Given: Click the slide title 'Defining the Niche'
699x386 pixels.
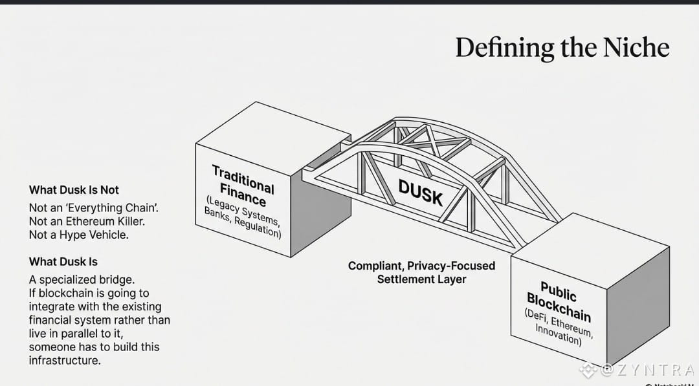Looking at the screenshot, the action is (562, 48).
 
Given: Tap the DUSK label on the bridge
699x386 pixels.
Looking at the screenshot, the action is (420, 193).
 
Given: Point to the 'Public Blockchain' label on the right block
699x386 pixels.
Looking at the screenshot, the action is (558, 301).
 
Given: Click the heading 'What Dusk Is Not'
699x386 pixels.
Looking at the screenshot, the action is (74, 190).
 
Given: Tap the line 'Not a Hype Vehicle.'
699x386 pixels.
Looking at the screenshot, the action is (78, 235).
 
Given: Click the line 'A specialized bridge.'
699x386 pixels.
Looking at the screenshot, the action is (82, 279).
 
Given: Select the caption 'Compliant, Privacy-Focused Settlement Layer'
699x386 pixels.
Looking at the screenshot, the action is (421, 272).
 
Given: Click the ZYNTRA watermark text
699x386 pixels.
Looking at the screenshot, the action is (647, 370).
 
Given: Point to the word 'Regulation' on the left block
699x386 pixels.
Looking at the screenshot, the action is (258, 226).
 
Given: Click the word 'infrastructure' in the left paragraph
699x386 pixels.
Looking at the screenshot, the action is (65, 360).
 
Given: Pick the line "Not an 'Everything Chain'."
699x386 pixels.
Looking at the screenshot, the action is (94, 208).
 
